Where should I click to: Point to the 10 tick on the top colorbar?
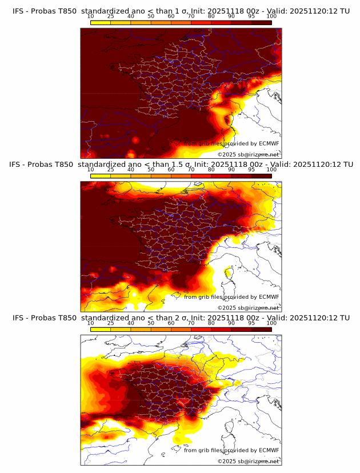click(x=90, y=16)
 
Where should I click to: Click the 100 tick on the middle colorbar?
click(x=271, y=170)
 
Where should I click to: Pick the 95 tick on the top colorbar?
click(x=251, y=16)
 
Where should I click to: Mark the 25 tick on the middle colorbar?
click(x=110, y=170)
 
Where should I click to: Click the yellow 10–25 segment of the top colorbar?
click(x=101, y=22)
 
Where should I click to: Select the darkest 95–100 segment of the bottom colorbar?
click(x=262, y=329)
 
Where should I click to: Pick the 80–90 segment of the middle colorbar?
click(x=221, y=176)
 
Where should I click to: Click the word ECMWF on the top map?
click(x=269, y=143)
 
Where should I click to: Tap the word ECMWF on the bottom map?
click(x=269, y=450)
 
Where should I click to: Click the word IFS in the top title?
click(x=19, y=11)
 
